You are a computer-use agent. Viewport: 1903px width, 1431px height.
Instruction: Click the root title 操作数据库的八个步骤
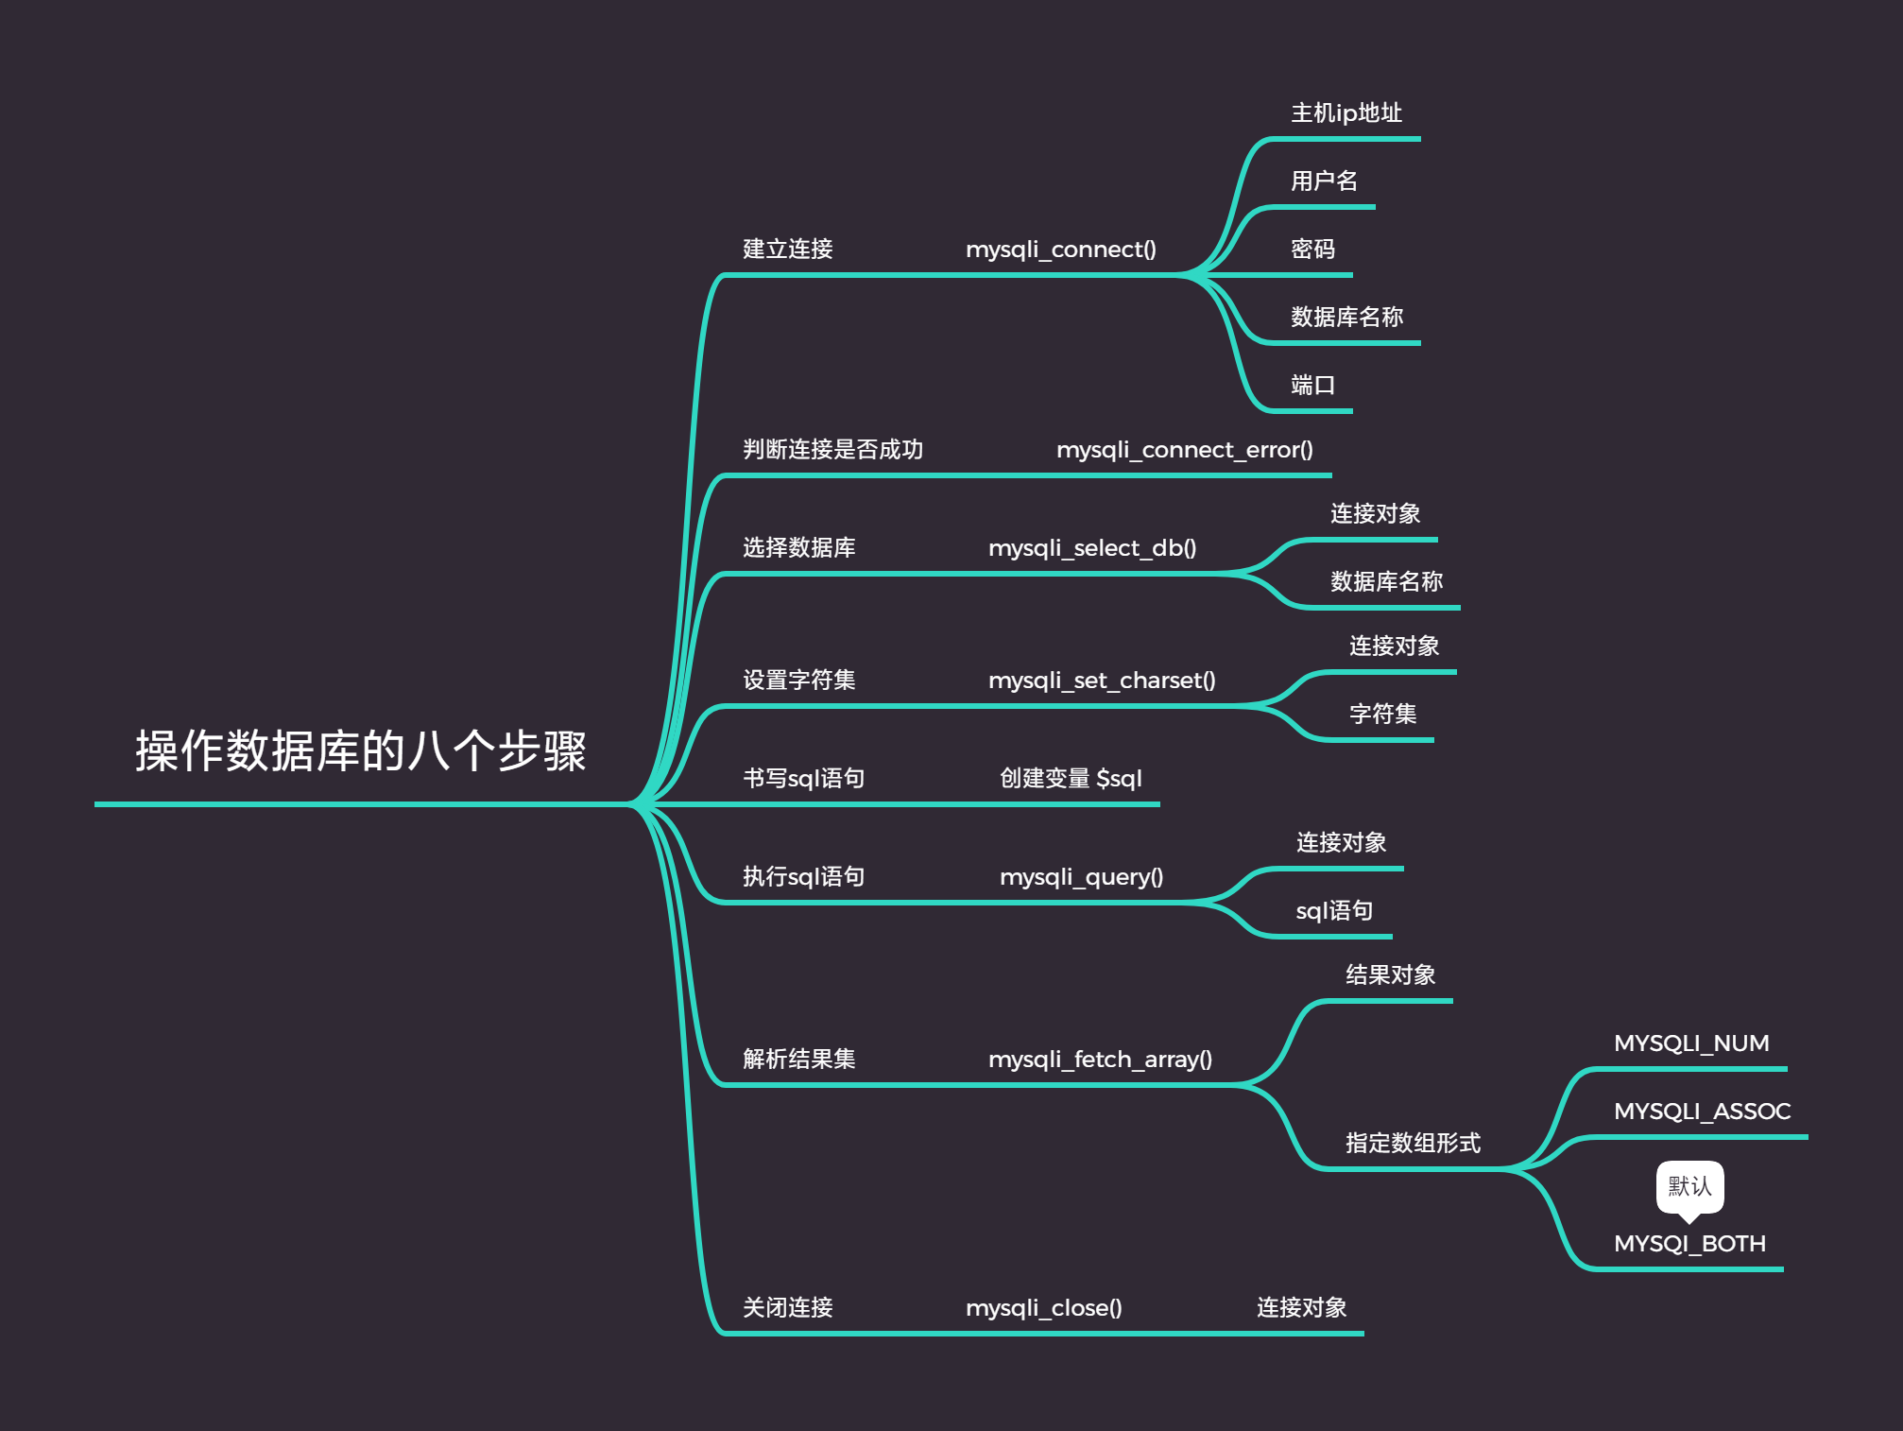360,751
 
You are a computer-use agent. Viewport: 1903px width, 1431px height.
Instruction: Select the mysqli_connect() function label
1060,250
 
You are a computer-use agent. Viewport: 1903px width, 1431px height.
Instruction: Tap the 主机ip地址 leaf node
1346,113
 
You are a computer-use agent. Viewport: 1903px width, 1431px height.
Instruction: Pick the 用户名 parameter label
1324,181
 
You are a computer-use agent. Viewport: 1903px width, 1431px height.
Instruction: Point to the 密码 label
1312,250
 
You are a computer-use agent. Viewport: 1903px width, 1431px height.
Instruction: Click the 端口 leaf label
1312,386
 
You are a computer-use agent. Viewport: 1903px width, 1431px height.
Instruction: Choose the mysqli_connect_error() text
1184,450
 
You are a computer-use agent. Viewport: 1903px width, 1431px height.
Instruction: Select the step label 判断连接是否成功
832,450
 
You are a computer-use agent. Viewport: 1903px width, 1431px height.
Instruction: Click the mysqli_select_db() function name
1091,548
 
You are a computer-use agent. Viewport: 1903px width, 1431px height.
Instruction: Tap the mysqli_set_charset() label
1101,681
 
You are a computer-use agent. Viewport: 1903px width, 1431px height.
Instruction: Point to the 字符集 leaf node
1382,715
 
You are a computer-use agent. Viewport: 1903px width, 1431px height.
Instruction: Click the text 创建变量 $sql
1071,779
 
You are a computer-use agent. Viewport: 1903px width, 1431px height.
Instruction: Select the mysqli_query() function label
1081,877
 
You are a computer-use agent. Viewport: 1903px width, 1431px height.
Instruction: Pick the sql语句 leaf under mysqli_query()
1333,911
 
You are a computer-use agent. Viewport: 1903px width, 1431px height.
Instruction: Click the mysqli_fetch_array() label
1100,1060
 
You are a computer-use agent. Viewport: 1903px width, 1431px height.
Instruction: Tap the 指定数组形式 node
1413,1144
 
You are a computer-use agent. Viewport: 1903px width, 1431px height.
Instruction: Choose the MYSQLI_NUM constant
1691,1043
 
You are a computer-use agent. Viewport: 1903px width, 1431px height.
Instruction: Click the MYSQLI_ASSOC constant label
1702,1112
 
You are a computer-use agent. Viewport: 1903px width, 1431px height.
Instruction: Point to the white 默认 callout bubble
1689,1186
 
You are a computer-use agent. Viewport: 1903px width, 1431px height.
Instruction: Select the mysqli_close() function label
1043,1308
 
